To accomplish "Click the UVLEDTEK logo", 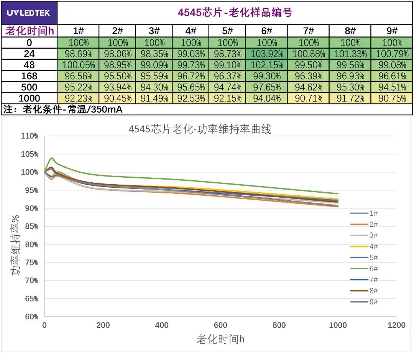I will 28,13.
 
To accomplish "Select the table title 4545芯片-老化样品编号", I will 235,13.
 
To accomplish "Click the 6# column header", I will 266,31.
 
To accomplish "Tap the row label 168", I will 29,76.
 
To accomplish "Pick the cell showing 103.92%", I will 266,54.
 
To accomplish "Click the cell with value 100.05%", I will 78,65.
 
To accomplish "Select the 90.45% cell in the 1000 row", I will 117,98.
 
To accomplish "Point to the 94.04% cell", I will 266,98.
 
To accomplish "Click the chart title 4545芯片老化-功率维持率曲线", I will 200,129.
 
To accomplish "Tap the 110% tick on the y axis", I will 30,136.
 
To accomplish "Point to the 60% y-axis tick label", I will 31,317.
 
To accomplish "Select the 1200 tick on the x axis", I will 396,326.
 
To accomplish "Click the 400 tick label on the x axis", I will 162,326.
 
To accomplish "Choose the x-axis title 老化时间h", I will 220,339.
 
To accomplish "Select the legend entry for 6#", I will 364,269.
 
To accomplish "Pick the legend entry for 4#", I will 364,247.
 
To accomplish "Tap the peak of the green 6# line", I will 51,158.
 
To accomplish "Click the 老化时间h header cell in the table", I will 29,31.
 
